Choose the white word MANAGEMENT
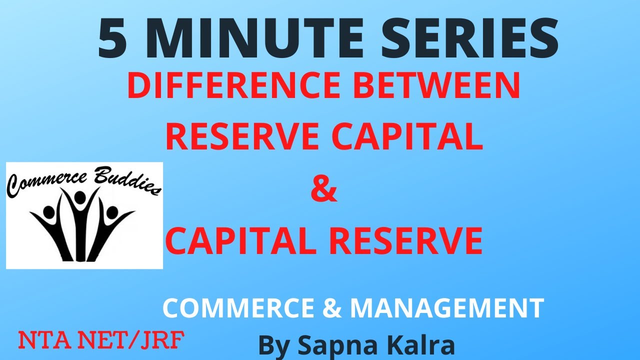coord(446,308)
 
